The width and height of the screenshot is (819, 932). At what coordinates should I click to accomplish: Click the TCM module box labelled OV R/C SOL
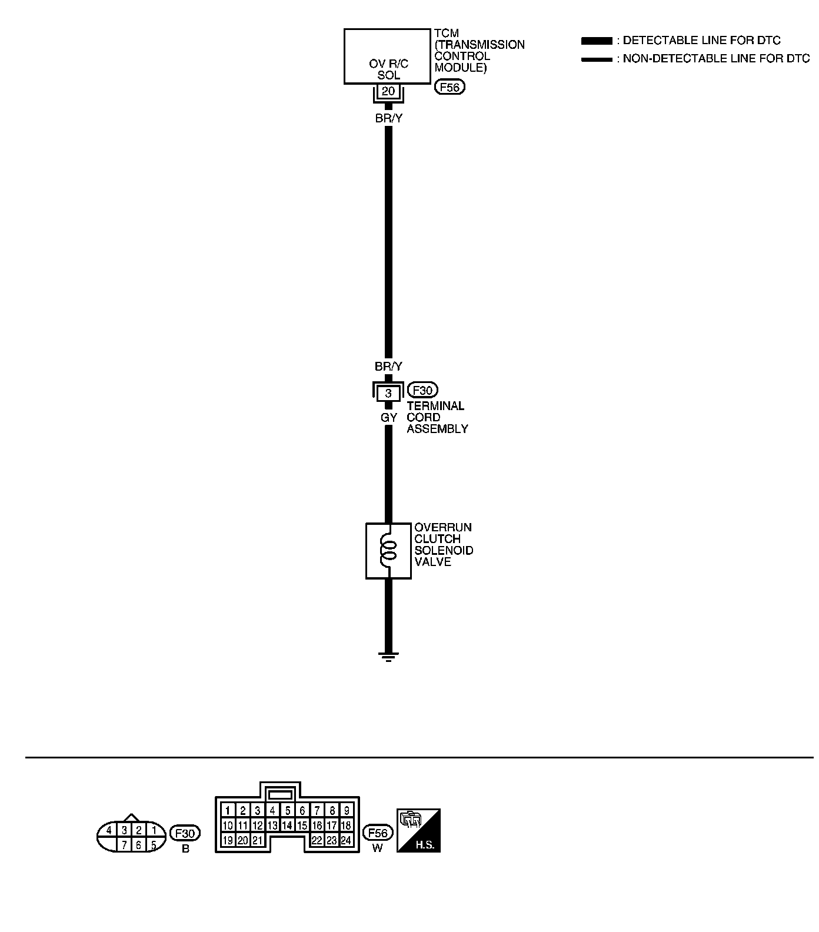[387, 56]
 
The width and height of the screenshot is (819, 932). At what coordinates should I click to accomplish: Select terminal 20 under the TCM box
[388, 91]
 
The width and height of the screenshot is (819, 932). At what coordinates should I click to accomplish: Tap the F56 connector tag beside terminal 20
[450, 88]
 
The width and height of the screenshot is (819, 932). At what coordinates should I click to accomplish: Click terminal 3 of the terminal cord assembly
[388, 393]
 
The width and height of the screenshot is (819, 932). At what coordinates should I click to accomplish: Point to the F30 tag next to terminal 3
[422, 390]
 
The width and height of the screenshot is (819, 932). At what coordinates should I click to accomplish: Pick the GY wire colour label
[389, 418]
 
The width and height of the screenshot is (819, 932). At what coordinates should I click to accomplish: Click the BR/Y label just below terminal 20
[389, 118]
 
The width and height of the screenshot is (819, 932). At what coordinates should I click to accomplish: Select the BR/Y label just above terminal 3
[389, 367]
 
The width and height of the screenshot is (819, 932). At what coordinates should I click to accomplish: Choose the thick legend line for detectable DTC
[597, 41]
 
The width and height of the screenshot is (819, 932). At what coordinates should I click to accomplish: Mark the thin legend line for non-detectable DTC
[597, 59]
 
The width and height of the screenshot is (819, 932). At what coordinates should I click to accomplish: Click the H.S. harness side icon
[419, 830]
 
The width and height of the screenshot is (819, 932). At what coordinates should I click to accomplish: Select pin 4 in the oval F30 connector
[109, 831]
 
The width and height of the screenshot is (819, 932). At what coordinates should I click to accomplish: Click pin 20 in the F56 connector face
[243, 840]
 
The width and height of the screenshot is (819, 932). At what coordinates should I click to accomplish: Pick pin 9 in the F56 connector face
[347, 811]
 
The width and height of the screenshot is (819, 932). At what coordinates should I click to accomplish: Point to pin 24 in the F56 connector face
[347, 840]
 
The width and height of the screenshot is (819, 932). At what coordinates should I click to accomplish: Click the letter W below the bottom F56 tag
[377, 849]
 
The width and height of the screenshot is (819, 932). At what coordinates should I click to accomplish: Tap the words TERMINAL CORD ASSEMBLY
[437, 417]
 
